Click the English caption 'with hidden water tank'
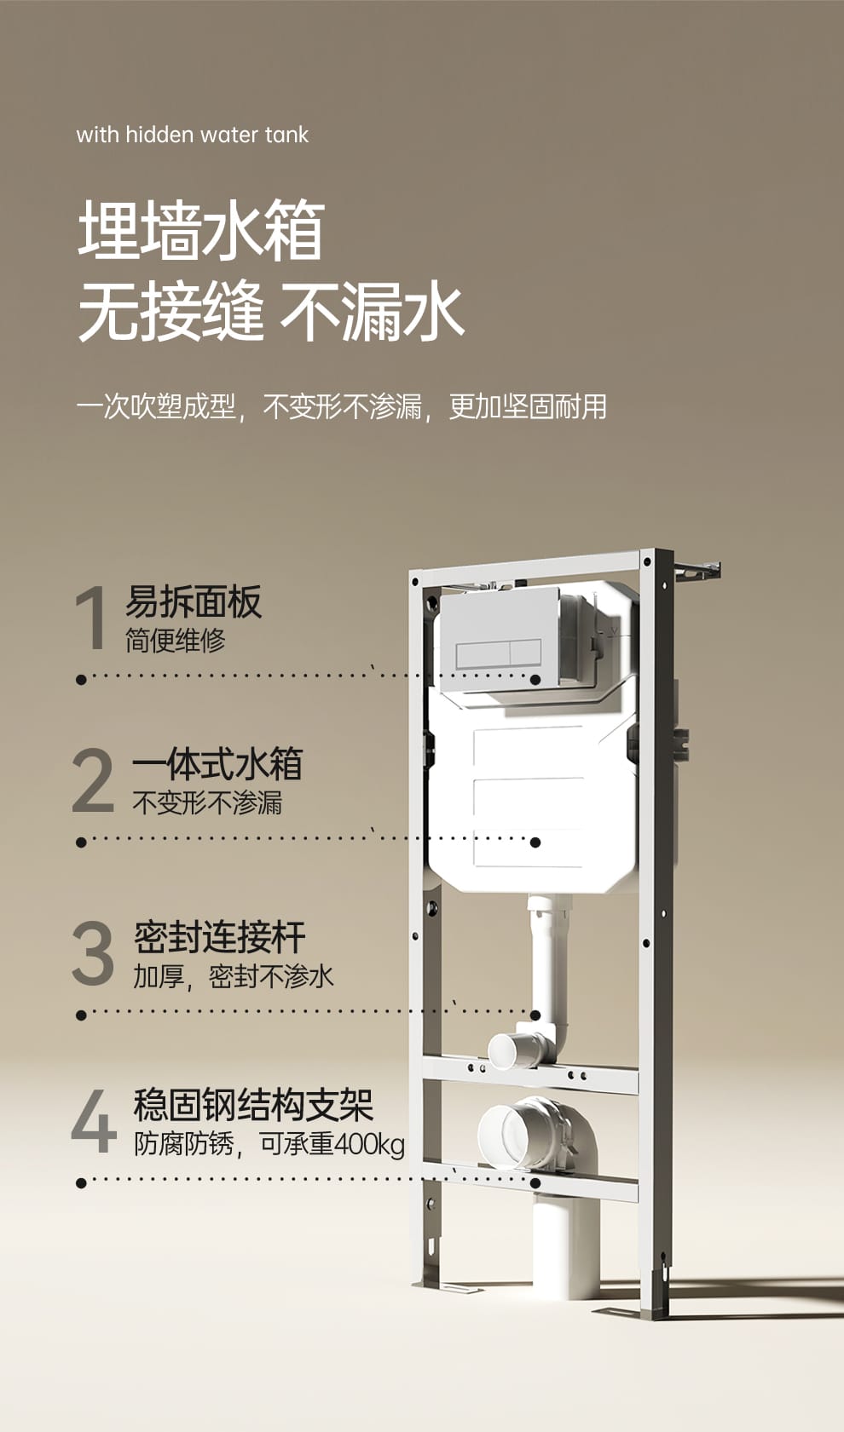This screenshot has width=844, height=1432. (x=192, y=135)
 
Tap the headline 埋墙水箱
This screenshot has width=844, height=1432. (x=201, y=229)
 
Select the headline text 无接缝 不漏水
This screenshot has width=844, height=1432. (x=270, y=312)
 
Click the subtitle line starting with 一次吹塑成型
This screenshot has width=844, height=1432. (x=341, y=406)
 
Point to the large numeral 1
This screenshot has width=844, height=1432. (x=91, y=618)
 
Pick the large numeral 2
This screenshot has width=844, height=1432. (x=93, y=780)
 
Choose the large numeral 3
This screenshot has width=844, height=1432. (x=93, y=952)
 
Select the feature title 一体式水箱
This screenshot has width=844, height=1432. (x=217, y=764)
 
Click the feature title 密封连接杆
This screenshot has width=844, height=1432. (x=219, y=936)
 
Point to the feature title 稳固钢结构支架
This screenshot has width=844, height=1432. (x=253, y=1105)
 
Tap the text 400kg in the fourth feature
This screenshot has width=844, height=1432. (x=370, y=1144)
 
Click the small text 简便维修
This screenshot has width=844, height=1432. (x=176, y=640)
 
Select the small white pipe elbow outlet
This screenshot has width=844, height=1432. (x=510, y=1050)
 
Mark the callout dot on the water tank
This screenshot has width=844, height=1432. (x=535, y=843)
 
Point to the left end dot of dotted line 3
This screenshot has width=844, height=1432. (x=81, y=1015)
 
